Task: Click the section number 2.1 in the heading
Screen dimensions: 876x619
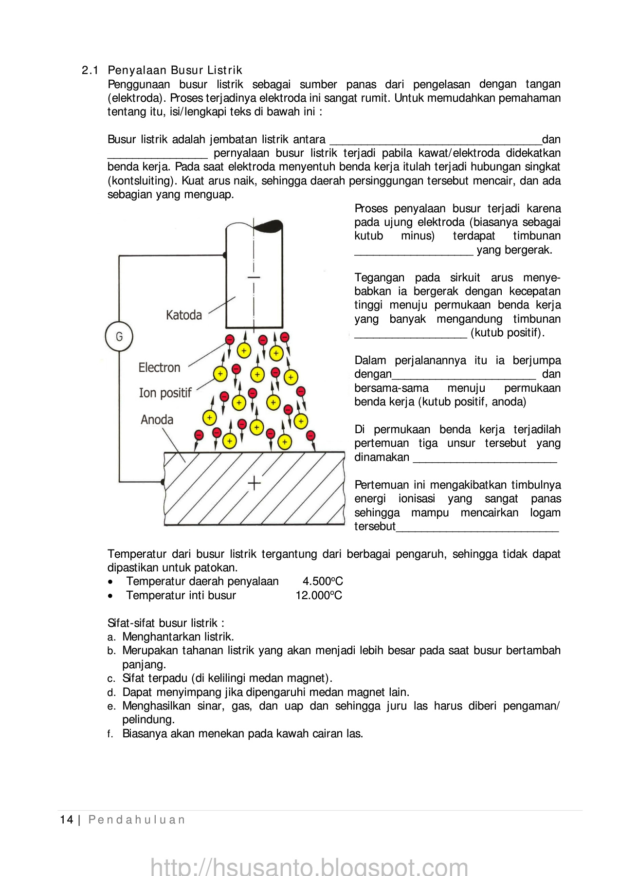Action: tap(90, 70)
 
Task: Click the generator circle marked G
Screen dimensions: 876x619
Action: tap(119, 336)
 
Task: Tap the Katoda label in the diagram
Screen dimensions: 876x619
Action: tap(183, 315)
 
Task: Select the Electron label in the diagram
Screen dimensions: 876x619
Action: tap(159, 367)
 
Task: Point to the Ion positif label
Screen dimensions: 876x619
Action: tap(165, 393)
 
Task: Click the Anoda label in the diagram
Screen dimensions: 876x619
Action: tap(157, 420)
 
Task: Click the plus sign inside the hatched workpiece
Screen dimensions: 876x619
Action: tap(254, 483)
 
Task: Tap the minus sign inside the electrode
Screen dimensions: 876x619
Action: tap(254, 277)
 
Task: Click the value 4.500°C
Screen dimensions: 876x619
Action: tap(323, 581)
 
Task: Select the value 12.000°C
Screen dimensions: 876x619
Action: tap(319, 595)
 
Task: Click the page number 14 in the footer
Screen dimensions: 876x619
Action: tap(66, 820)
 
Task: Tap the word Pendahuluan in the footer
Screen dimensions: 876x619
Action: tap(137, 820)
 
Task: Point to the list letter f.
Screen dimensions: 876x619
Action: tap(110, 734)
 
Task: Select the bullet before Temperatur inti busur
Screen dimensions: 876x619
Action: tap(111, 596)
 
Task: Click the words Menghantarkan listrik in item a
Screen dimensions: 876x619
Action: tap(178, 637)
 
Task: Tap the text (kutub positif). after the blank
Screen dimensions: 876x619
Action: tap(508, 333)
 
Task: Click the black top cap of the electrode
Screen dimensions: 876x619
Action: tap(267, 225)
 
